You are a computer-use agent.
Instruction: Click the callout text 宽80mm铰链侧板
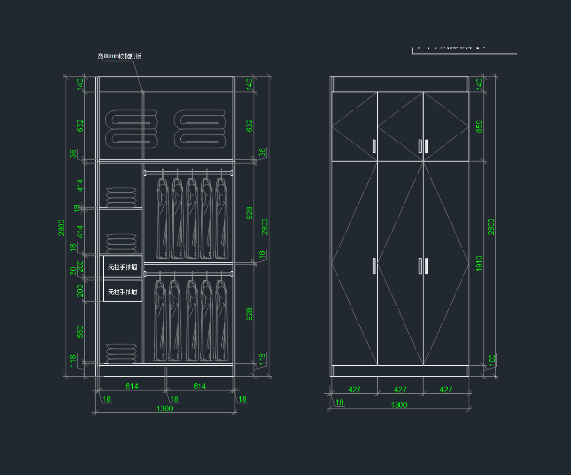119,56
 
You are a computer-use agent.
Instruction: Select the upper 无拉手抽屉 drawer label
123,267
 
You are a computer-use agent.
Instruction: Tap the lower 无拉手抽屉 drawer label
123,291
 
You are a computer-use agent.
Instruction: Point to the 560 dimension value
80,332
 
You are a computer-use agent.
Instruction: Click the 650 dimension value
479,126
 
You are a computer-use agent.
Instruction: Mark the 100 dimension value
492,359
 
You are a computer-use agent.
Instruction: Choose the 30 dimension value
73,271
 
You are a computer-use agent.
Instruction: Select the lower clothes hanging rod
188,274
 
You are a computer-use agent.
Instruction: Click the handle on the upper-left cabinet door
374,146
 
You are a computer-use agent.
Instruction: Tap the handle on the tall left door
374,266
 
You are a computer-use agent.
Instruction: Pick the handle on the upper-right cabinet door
426,146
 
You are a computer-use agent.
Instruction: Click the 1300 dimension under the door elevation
399,405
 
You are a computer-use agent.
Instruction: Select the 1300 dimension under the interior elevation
165,408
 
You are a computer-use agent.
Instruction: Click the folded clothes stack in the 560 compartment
121,353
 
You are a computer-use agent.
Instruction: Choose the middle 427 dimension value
400,389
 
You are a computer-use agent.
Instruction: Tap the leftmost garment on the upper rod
163,218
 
